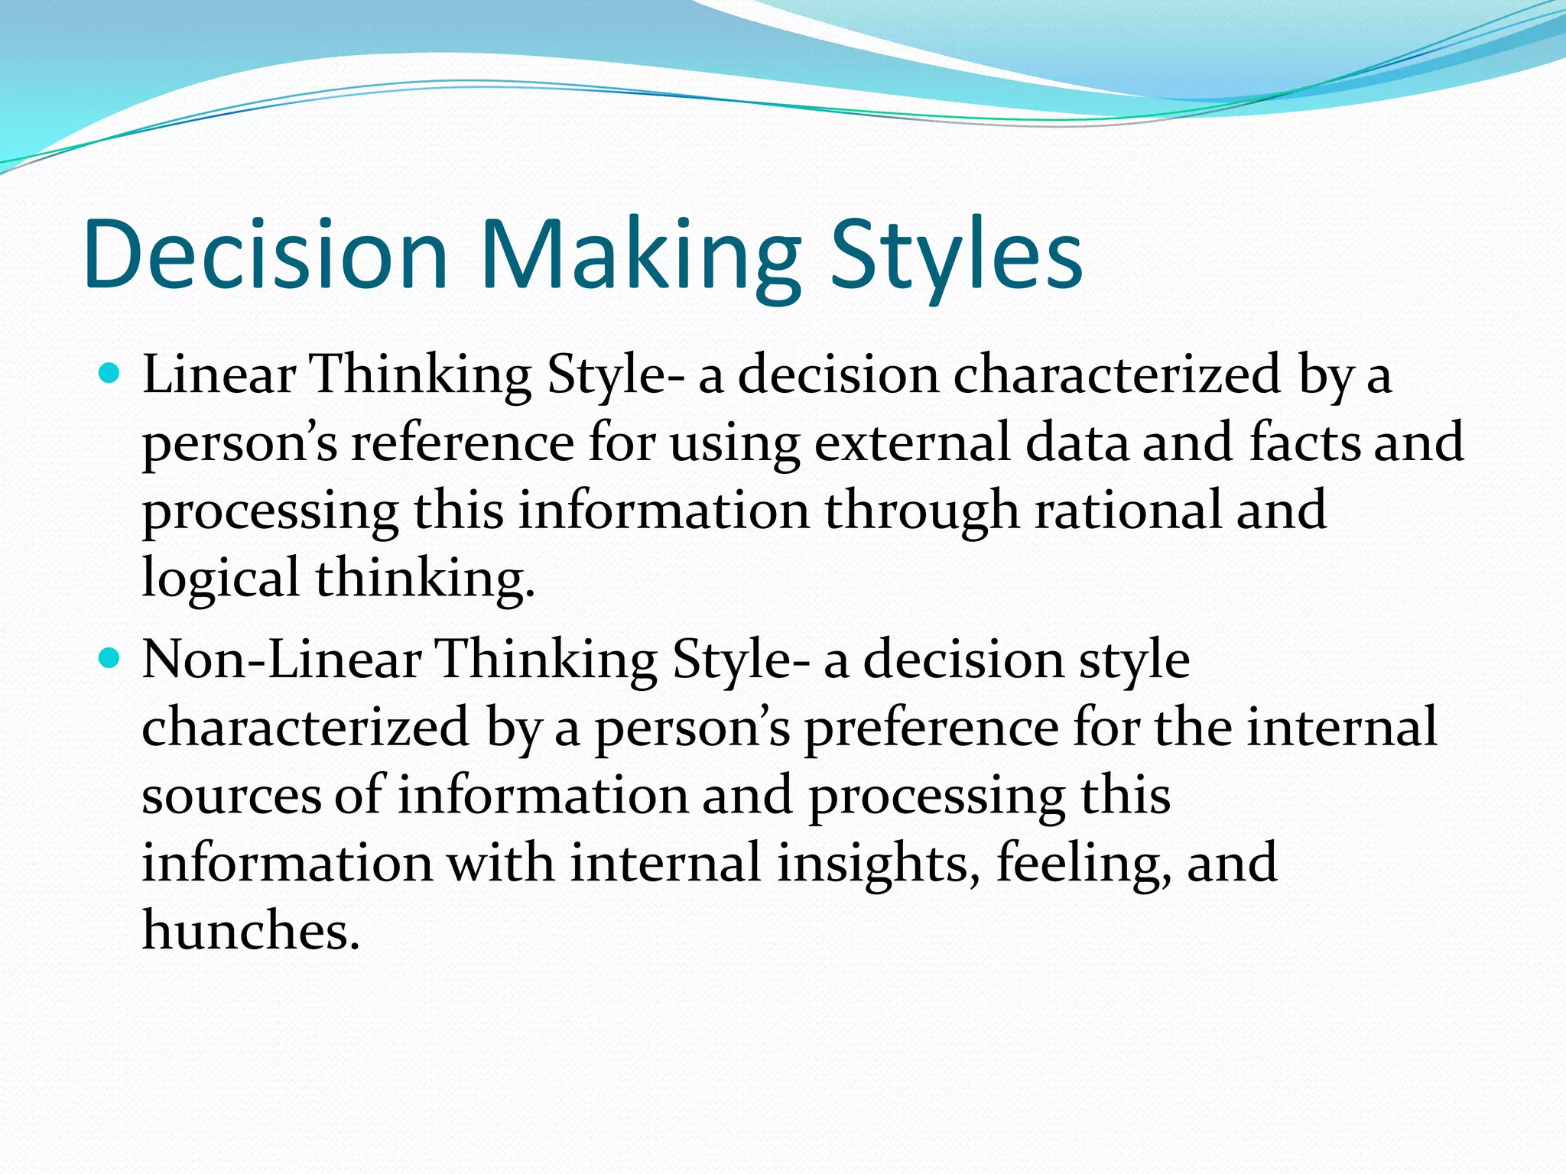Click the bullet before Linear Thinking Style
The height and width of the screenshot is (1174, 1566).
point(111,374)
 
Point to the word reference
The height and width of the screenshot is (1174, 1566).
point(462,443)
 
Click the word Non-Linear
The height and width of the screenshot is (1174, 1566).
point(281,659)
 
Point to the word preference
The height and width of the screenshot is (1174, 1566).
point(931,727)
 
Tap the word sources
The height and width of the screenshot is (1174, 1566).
point(231,795)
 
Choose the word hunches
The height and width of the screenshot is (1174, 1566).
point(250,931)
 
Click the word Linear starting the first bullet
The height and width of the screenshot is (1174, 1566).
point(219,375)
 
